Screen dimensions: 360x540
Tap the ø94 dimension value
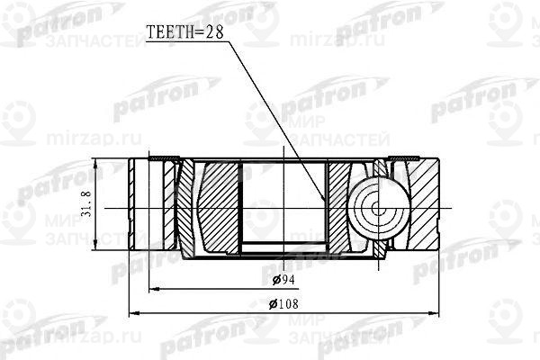click(x=282, y=281)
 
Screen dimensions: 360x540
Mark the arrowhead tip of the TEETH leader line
click(x=326, y=202)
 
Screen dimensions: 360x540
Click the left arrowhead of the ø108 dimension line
click(x=132, y=312)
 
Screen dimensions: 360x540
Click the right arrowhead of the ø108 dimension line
click(x=439, y=312)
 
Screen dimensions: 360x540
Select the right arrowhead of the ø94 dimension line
click(x=418, y=288)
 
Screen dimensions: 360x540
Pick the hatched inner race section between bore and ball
click(x=340, y=207)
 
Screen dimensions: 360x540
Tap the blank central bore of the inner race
click(x=283, y=203)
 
